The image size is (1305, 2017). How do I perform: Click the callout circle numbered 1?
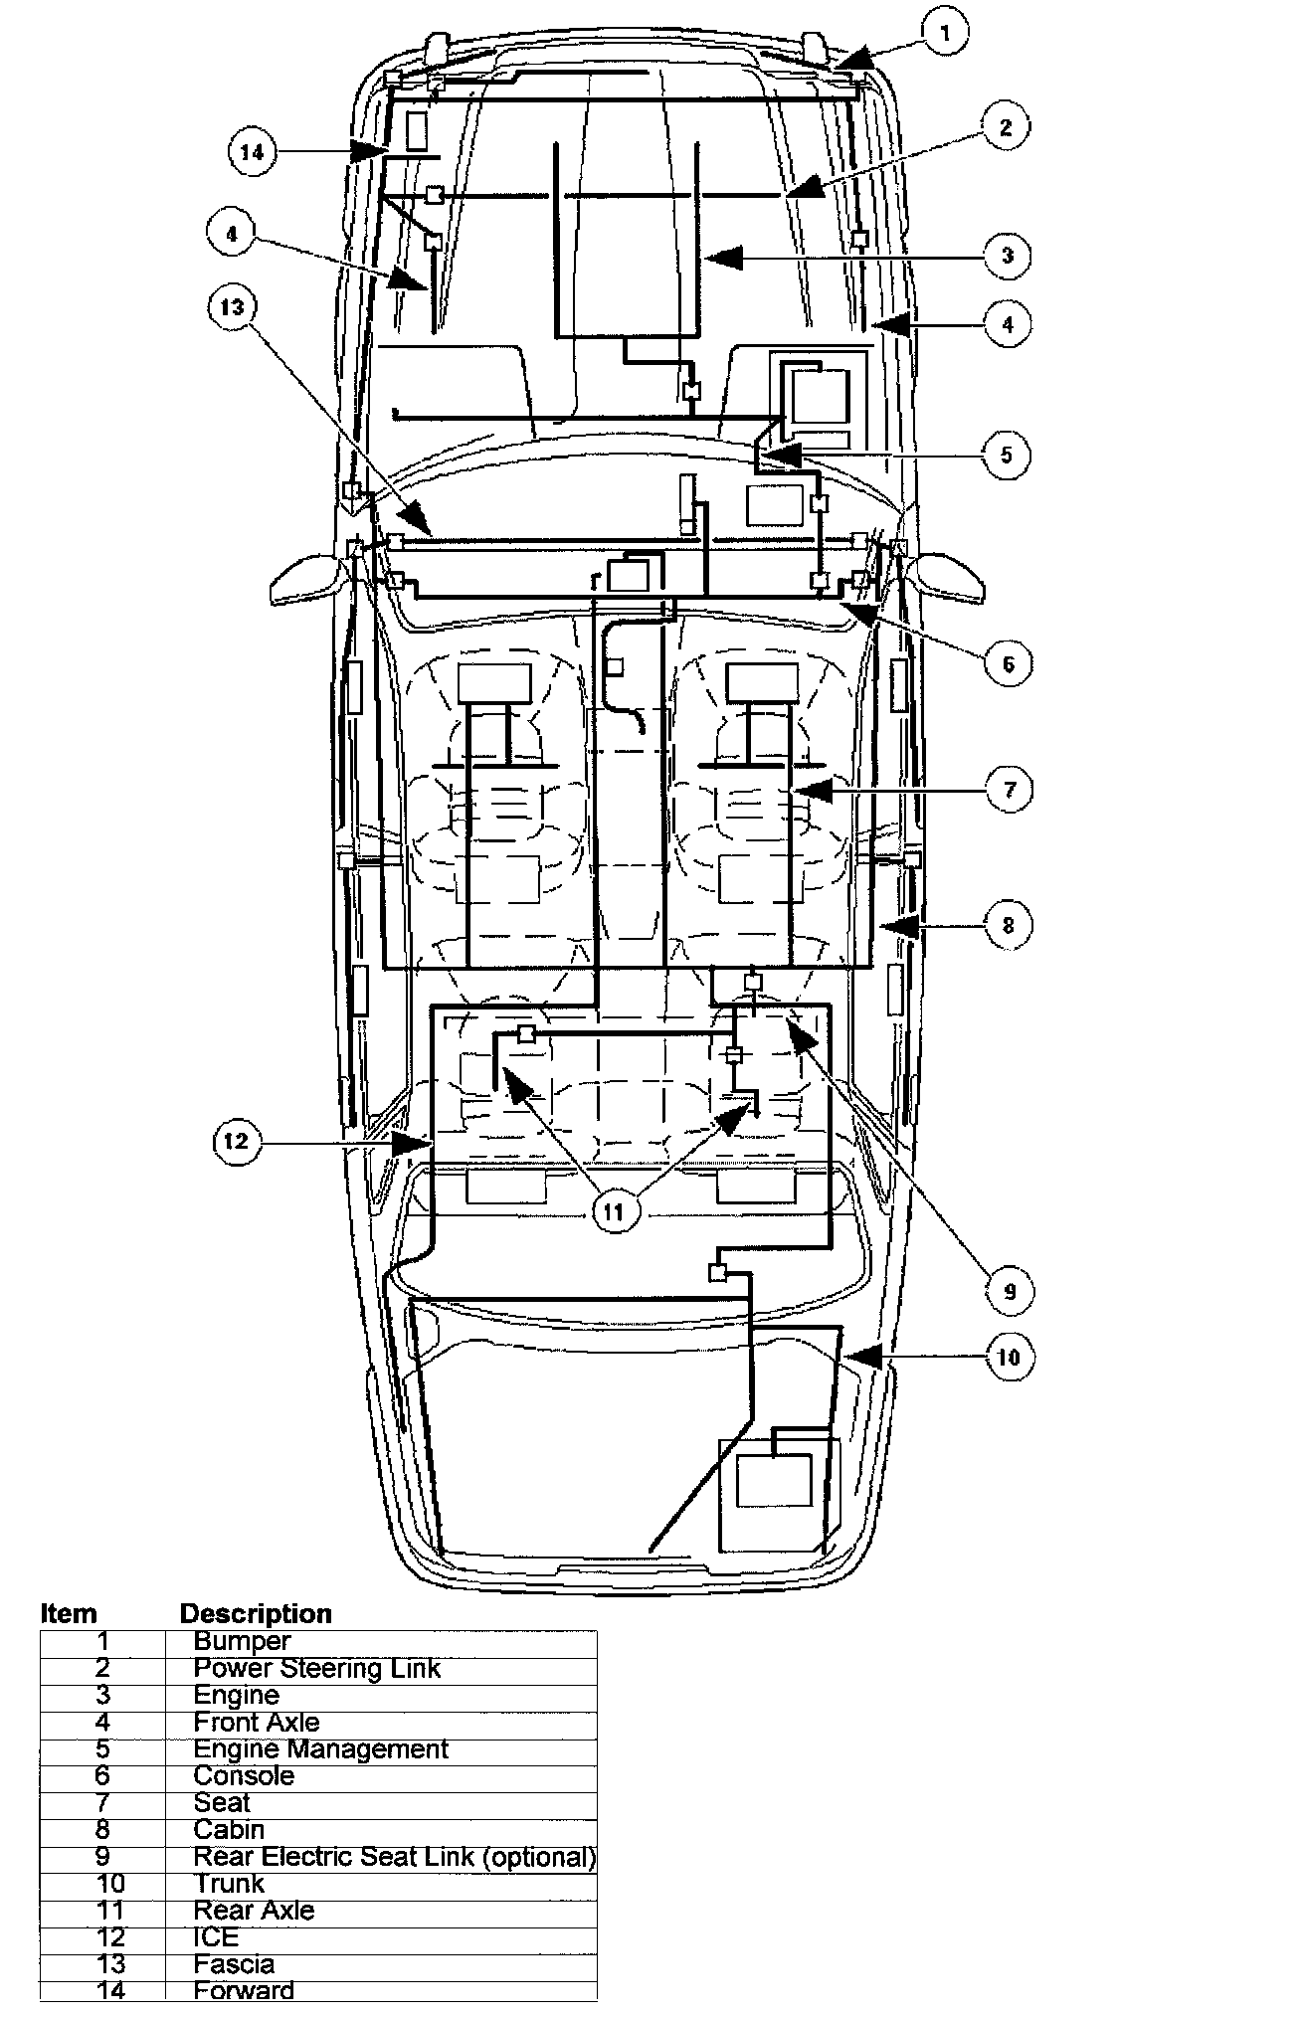(x=944, y=33)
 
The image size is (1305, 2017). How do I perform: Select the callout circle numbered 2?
(x=1006, y=127)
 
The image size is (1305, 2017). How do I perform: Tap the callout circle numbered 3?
(x=1008, y=256)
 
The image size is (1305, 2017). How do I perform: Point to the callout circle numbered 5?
(x=1007, y=455)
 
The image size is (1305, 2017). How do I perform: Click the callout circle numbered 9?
(x=1010, y=1291)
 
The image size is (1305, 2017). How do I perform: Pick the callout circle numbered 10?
(x=1009, y=1357)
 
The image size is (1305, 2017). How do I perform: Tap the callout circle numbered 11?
(x=614, y=1212)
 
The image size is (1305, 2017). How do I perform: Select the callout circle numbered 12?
(x=235, y=1141)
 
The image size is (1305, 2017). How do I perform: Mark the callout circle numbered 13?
(x=232, y=307)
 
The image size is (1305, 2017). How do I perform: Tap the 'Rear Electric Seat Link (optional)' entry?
(x=394, y=1857)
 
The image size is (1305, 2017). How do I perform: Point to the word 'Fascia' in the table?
(x=234, y=1964)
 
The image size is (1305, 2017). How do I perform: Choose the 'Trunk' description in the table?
(x=229, y=1884)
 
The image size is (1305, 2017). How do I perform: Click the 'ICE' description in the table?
(x=216, y=1937)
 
